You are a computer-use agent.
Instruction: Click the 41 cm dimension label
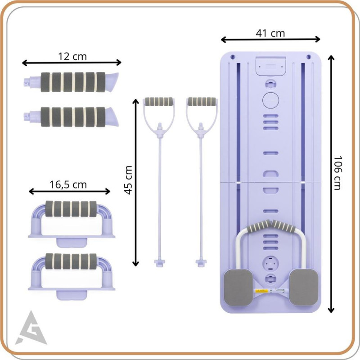click(x=270, y=33)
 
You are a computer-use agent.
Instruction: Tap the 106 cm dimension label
click(x=337, y=173)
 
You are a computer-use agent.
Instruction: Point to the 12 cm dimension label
click(x=72, y=57)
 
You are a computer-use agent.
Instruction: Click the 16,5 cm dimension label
click(x=68, y=184)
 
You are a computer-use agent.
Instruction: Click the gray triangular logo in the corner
click(x=31, y=328)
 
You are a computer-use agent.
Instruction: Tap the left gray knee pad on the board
click(x=238, y=288)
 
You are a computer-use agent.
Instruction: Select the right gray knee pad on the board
click(x=303, y=288)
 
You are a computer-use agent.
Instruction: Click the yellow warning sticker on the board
click(x=261, y=291)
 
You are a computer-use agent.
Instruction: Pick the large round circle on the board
click(x=271, y=100)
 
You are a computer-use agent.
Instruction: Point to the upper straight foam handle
click(x=72, y=82)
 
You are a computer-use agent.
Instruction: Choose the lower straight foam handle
click(x=72, y=117)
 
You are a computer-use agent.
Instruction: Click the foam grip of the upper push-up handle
click(x=71, y=209)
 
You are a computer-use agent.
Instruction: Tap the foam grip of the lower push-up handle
click(x=71, y=261)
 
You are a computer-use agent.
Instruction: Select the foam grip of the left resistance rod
click(x=159, y=102)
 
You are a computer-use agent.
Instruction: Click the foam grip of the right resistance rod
click(x=202, y=102)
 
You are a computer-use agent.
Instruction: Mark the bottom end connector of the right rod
click(x=201, y=263)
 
